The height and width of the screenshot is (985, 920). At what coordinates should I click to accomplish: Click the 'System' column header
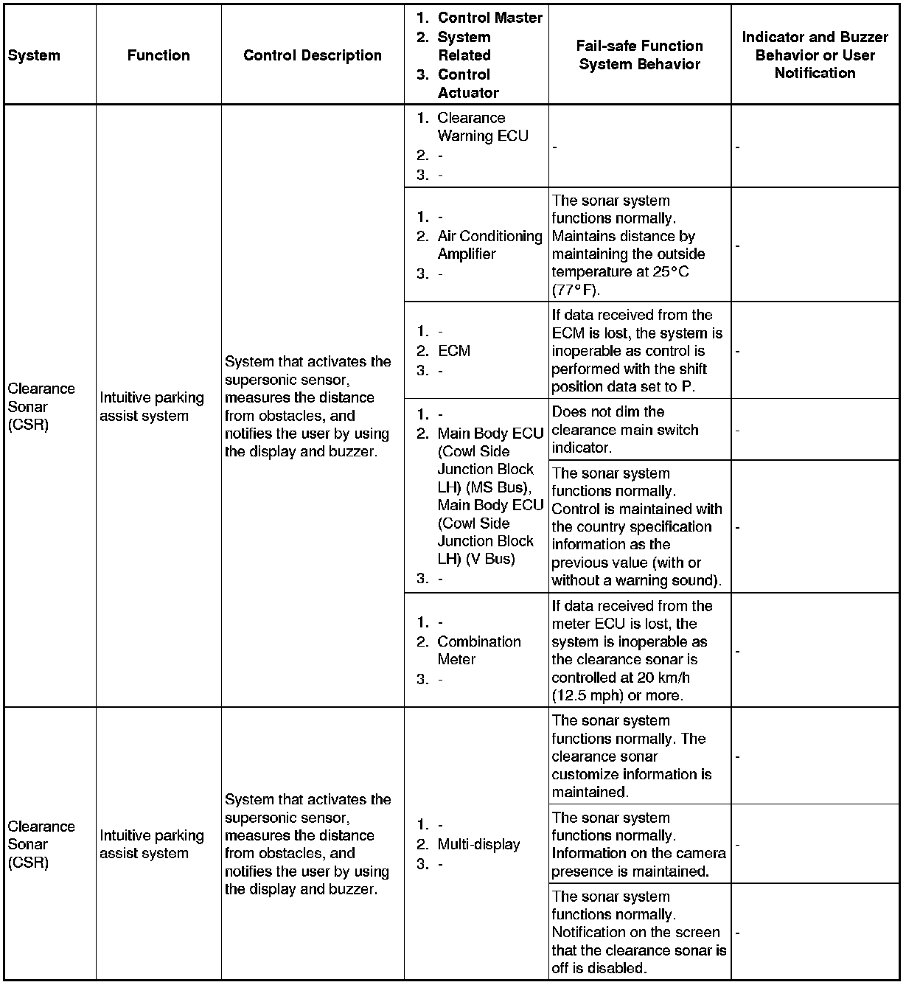click(34, 56)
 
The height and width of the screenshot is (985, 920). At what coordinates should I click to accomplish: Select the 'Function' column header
click(158, 55)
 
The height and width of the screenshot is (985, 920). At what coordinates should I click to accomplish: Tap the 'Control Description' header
click(313, 55)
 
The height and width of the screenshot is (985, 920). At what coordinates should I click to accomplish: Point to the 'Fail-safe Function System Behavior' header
click(640, 55)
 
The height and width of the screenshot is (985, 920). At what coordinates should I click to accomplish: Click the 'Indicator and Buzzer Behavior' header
click(815, 55)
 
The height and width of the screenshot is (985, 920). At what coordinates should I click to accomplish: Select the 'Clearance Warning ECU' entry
click(482, 127)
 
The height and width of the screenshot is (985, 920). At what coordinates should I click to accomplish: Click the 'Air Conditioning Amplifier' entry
click(489, 245)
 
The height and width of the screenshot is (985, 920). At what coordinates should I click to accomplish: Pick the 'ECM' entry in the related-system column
click(453, 351)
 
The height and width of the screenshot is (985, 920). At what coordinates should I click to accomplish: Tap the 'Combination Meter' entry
click(478, 650)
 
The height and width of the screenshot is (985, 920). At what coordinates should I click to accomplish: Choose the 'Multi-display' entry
click(478, 844)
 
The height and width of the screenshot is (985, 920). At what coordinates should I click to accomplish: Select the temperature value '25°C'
click(669, 272)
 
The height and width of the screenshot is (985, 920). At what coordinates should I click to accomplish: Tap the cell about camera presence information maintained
click(638, 844)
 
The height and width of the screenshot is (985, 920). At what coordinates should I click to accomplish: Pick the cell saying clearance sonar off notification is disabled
click(638, 932)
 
